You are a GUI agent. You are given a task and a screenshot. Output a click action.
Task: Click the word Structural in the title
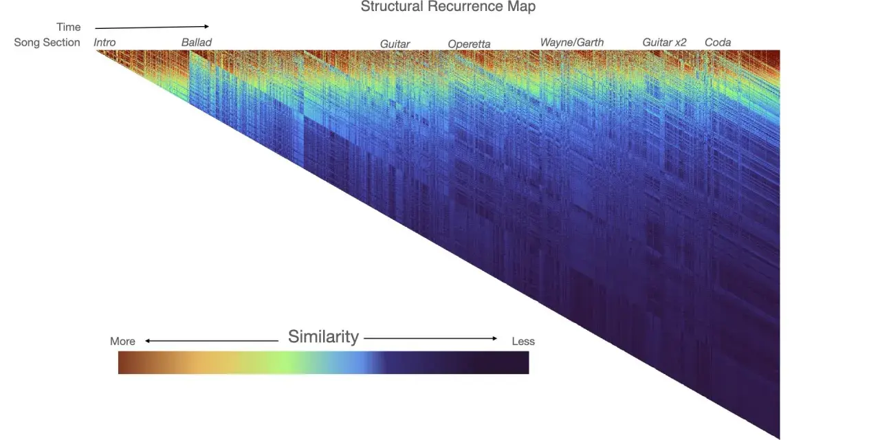pos(392,7)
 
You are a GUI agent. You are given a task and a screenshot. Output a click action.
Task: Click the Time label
pos(68,27)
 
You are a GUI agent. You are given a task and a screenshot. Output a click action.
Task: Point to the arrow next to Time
pos(152,27)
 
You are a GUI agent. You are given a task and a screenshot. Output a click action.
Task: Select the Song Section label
pos(47,43)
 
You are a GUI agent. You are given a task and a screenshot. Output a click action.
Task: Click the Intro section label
pos(104,43)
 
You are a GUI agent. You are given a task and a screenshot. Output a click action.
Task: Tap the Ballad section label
pos(197,43)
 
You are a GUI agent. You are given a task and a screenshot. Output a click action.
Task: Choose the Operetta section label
pos(469,44)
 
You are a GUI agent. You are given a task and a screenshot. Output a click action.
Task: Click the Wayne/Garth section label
pos(571,43)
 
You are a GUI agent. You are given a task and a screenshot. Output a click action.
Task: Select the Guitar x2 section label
pos(664,43)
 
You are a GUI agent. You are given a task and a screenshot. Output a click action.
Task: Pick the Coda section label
pos(718,43)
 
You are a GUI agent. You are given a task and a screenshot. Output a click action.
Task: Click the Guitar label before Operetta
pos(395,44)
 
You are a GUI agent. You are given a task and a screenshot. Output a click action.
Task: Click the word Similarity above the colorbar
pos(323,337)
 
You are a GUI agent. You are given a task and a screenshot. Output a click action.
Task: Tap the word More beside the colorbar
pos(122,342)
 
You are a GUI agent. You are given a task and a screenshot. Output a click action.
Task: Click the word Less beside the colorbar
pos(523,342)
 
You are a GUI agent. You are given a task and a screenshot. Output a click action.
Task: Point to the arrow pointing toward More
pos(212,340)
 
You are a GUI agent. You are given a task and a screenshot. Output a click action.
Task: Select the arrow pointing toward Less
pos(430,338)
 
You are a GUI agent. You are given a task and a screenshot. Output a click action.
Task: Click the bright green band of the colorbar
pos(289,362)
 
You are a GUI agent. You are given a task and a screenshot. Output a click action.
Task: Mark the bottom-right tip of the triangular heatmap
pos(780,439)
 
